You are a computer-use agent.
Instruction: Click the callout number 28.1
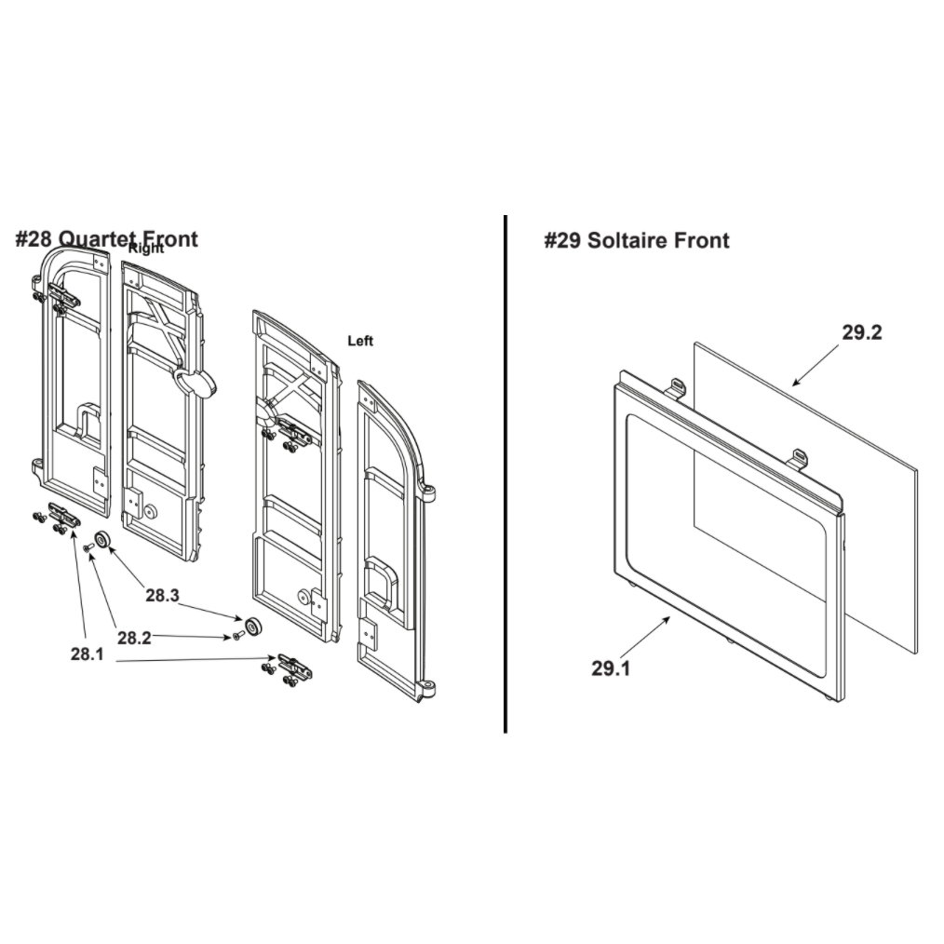(x=88, y=654)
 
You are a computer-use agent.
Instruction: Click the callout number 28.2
(x=134, y=638)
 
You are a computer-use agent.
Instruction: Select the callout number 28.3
(x=163, y=596)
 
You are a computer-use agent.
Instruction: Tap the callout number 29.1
(x=611, y=668)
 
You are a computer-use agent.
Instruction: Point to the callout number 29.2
(x=861, y=332)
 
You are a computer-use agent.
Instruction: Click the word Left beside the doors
(x=360, y=341)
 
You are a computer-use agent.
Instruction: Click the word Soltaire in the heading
(x=627, y=240)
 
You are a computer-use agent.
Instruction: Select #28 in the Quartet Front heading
(x=34, y=239)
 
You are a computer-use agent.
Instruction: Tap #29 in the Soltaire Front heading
(x=563, y=240)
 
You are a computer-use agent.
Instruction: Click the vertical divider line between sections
(x=506, y=474)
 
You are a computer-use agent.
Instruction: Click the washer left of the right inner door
(x=102, y=540)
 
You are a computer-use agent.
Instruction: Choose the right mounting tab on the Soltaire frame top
(x=799, y=457)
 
